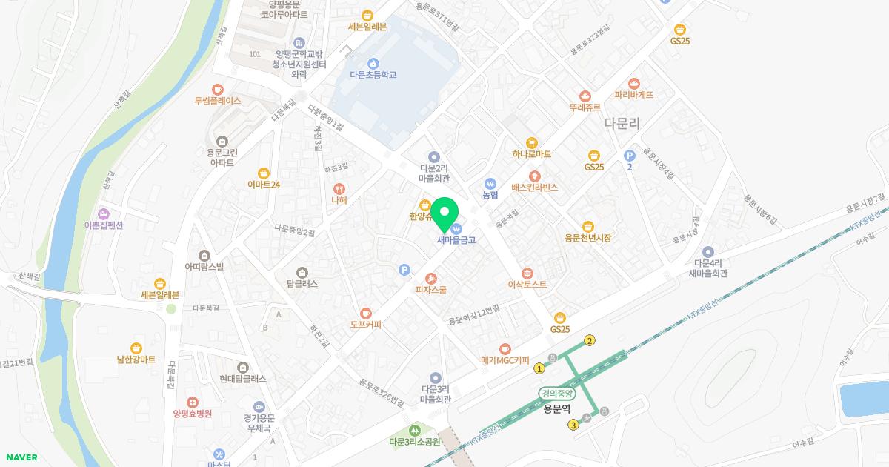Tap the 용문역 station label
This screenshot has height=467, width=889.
pos(557,408)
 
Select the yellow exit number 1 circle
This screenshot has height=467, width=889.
pos(539,368)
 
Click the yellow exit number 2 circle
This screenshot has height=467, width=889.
pos(590,341)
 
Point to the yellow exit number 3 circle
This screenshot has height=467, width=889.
pos(573,425)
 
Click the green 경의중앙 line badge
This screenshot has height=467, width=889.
pos(557,394)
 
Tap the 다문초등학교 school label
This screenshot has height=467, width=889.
pos(373,75)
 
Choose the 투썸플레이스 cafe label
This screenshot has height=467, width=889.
pos(217,101)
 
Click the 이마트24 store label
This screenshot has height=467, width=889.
pos(264,184)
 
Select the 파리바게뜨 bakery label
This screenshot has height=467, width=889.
pos(633,95)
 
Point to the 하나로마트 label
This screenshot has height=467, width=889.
pos(531,154)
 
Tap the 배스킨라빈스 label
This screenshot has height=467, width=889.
pos(534,188)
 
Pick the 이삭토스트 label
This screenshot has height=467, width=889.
pos(527,284)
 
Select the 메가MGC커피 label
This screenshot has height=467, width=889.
pos(505,361)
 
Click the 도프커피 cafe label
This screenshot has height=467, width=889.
pos(365,324)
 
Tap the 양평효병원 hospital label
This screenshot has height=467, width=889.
pos(192,413)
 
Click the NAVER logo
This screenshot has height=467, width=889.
pos(21,457)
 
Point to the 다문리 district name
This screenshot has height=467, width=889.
pos(622,124)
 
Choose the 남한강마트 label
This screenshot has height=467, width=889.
pos(136,359)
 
